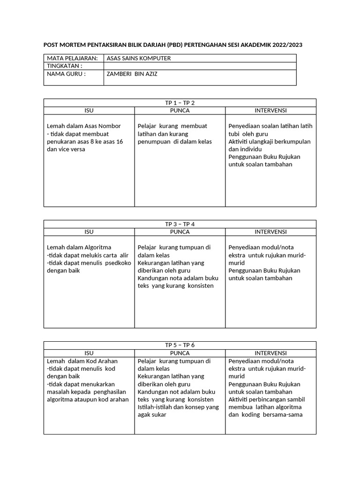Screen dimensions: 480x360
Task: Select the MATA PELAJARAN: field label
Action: pyautogui.click(x=72, y=58)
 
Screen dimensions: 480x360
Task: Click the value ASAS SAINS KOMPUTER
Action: pyautogui.click(x=139, y=58)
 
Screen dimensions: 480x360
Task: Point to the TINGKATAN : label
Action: pyautogui.click(x=65, y=66)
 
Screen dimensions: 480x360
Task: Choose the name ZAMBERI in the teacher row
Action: pyautogui.click(x=120, y=74)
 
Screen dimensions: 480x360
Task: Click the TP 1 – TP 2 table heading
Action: pyautogui.click(x=180, y=103)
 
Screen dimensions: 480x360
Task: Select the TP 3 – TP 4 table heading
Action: pyautogui.click(x=180, y=224)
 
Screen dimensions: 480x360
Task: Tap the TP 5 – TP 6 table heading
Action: pyautogui.click(x=180, y=345)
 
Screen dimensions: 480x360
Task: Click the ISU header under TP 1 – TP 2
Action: pyautogui.click(x=89, y=111)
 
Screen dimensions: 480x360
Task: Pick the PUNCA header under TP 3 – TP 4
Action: pyautogui.click(x=180, y=232)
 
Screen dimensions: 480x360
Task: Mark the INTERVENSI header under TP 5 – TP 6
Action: pyautogui.click(x=270, y=353)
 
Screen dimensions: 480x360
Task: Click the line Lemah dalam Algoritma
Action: pyautogui.click(x=79, y=247)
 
